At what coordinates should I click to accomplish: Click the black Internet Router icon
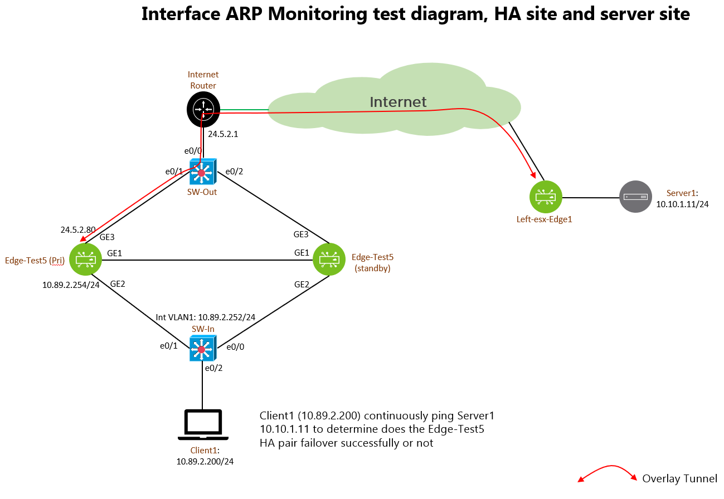pos(203,109)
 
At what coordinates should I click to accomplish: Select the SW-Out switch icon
pos(203,172)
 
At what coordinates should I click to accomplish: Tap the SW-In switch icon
pos(203,348)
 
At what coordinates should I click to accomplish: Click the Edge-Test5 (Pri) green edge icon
pos(86,260)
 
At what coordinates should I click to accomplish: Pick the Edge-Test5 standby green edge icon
pos(329,260)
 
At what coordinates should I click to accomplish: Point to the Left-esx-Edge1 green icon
pos(546,197)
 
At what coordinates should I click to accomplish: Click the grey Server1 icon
pos(635,197)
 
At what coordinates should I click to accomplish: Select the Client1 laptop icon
pos(203,425)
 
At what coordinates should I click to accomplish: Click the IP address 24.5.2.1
pos(223,134)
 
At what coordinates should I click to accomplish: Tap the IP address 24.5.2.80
pos(78,229)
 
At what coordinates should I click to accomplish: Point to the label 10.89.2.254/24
pos(71,285)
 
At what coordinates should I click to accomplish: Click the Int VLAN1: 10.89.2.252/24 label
pos(206,317)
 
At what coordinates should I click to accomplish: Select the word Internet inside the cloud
pos(398,102)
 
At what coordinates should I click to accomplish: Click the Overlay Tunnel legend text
pos(679,478)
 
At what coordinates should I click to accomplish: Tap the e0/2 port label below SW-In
pos(213,368)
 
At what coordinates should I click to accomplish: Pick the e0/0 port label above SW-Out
pos(193,151)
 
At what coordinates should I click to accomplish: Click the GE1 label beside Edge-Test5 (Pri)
pos(114,253)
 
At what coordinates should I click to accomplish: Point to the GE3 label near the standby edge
pos(301,234)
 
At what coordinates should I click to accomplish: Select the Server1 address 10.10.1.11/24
pos(682,204)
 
